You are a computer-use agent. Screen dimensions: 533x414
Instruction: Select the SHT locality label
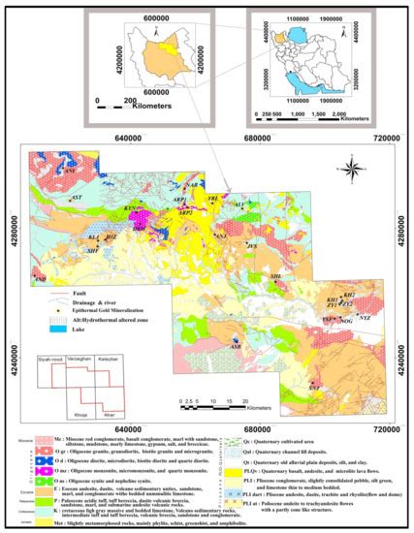point(93,250)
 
